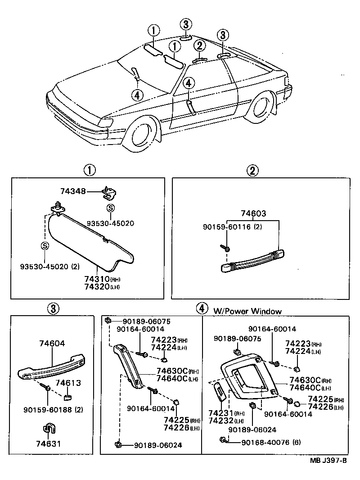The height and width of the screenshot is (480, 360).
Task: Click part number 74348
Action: (73, 191)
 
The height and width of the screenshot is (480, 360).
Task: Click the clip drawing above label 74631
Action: (48, 431)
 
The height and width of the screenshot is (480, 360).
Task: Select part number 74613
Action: (68, 383)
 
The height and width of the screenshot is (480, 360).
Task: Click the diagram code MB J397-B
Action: (328, 461)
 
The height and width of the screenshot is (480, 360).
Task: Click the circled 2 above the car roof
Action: (199, 45)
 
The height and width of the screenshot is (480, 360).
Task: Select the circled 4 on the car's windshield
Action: (137, 95)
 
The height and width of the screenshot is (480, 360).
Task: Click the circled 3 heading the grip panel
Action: (53, 308)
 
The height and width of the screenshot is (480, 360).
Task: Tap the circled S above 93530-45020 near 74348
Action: (109, 208)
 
